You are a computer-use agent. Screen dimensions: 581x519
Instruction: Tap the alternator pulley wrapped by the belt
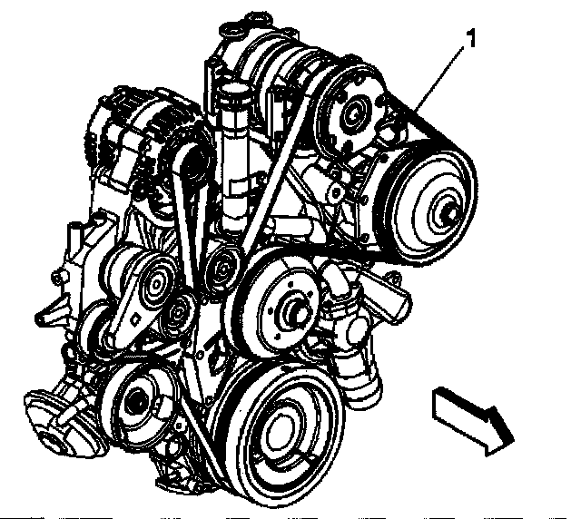190,163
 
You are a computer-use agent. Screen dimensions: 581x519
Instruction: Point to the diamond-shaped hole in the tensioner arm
133,319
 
